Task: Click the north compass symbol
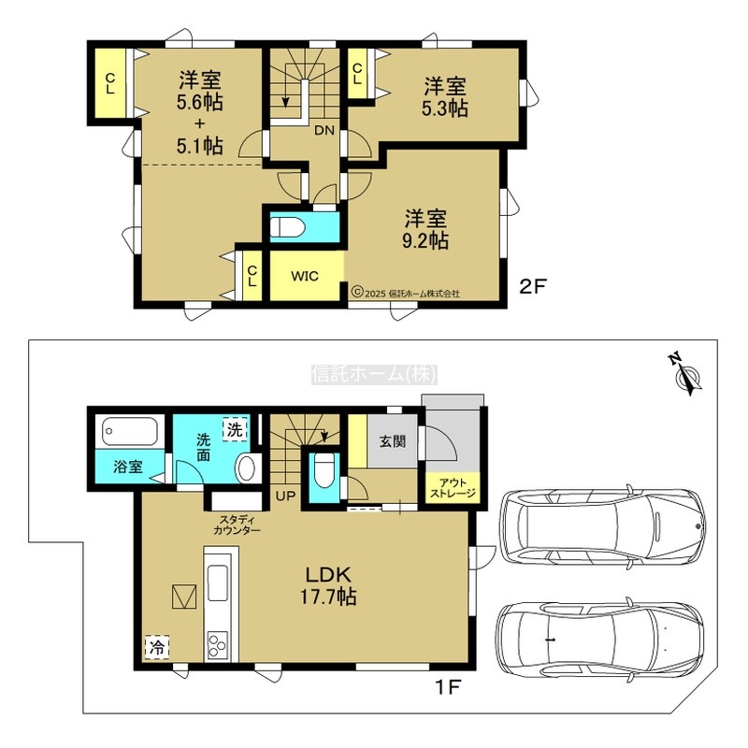(x=686, y=374)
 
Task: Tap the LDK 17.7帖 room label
(x=328, y=586)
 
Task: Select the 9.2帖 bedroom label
(x=425, y=229)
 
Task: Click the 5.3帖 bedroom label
(x=445, y=97)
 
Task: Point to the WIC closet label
(x=305, y=276)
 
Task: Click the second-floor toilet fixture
(x=287, y=227)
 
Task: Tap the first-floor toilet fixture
(x=324, y=470)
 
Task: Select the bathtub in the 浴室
(x=130, y=432)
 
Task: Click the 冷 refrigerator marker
(x=157, y=647)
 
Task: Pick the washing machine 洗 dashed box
(x=235, y=429)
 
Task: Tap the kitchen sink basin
(x=218, y=583)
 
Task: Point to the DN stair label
(x=324, y=130)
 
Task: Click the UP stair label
(x=286, y=496)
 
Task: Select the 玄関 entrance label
(x=393, y=441)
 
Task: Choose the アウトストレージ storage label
(x=453, y=487)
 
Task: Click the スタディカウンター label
(x=237, y=525)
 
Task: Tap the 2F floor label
(x=532, y=287)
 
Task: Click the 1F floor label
(x=448, y=687)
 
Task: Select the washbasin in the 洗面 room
(x=247, y=468)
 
